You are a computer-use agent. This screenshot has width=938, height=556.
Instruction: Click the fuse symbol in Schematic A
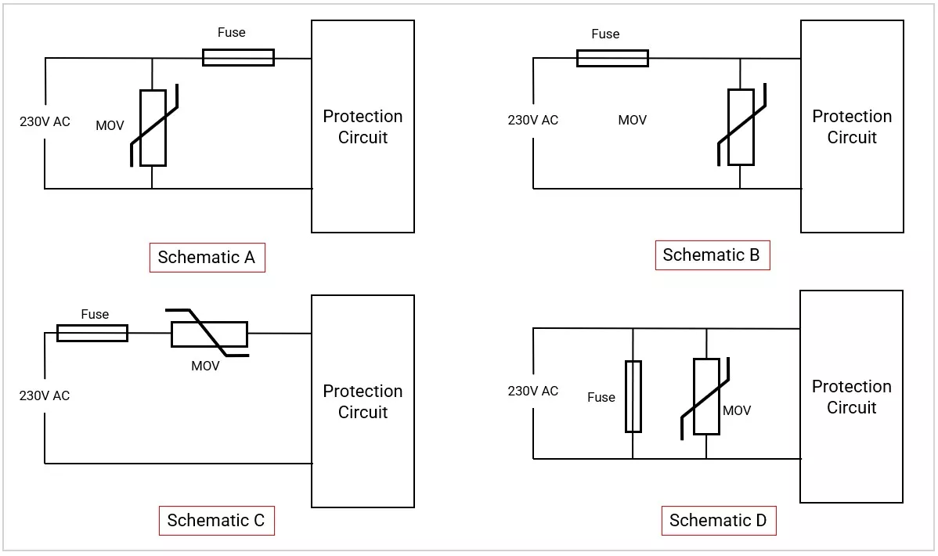[238, 57]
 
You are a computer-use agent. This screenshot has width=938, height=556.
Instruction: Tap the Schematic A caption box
[207, 258]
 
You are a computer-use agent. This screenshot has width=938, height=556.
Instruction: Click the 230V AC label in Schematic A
[45, 121]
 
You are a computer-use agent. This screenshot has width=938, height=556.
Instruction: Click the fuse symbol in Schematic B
[612, 58]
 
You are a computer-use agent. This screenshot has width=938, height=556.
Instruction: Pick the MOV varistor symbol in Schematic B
[741, 126]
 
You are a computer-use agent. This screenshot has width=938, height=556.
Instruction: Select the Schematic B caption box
[712, 255]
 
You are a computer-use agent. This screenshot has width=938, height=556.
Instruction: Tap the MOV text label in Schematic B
[633, 121]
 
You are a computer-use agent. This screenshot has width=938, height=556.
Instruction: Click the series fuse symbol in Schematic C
[92, 333]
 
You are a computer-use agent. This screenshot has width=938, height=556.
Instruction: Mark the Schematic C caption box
[217, 521]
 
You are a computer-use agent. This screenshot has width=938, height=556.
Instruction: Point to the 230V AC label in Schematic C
[45, 395]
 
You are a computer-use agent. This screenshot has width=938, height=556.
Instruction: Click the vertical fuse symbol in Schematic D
[633, 396]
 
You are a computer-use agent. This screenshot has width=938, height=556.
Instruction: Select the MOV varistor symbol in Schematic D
[706, 396]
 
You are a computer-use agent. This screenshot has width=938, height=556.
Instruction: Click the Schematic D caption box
[719, 521]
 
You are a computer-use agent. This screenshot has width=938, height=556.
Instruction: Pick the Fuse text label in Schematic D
[601, 397]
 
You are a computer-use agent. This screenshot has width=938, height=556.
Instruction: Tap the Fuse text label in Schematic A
[232, 32]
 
